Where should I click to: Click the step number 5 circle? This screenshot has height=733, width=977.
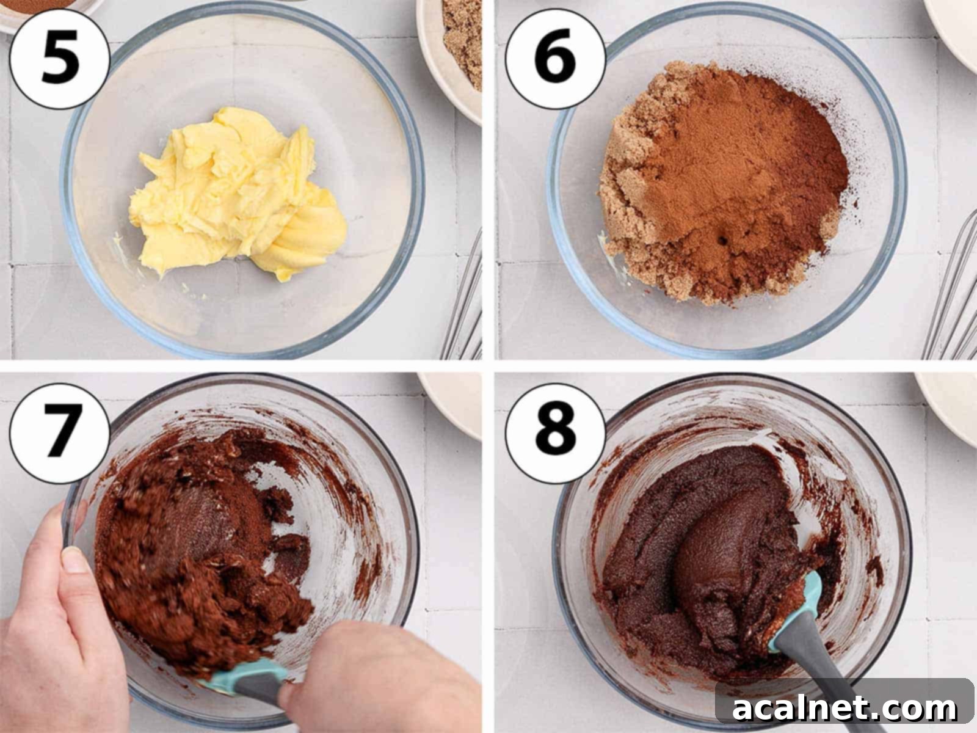pyautogui.click(x=59, y=59)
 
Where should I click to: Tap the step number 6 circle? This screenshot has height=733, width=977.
pyautogui.click(x=554, y=59)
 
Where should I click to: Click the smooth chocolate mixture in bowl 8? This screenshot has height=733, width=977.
pyautogui.click(x=702, y=550)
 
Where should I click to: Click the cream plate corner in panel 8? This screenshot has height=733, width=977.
pyautogui.click(x=953, y=403)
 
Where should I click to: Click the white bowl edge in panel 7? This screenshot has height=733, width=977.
pyautogui.click(x=452, y=403)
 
